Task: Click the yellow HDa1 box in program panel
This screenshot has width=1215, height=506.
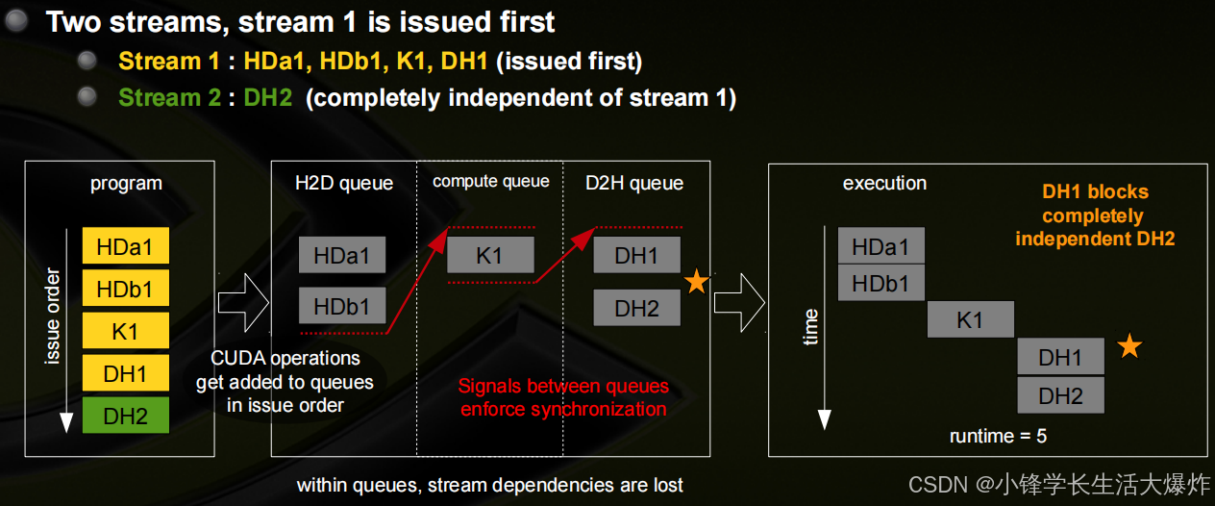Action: click(126, 246)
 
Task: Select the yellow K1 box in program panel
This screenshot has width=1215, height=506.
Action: click(126, 331)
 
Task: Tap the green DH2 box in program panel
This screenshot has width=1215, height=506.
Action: click(126, 416)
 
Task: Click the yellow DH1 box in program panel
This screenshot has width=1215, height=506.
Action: click(126, 373)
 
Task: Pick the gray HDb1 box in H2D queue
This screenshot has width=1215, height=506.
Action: click(341, 306)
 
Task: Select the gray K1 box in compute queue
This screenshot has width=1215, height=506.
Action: click(489, 255)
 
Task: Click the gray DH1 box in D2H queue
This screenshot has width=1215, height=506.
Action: click(636, 255)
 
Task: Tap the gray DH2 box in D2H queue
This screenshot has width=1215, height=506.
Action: click(636, 308)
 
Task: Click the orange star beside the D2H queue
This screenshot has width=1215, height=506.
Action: click(697, 281)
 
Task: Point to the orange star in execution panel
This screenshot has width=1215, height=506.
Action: click(1129, 346)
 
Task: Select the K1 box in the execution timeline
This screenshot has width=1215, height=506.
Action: click(970, 319)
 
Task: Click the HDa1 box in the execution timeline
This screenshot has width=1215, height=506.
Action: click(880, 246)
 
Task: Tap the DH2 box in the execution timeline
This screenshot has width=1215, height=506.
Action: click(1060, 394)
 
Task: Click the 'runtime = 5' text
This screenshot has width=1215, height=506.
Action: click(998, 436)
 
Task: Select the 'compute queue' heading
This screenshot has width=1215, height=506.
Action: click(490, 181)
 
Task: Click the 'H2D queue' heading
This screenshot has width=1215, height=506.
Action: click(344, 183)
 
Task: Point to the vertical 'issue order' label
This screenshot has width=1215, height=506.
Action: click(54, 317)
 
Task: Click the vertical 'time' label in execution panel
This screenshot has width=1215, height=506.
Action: click(810, 327)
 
